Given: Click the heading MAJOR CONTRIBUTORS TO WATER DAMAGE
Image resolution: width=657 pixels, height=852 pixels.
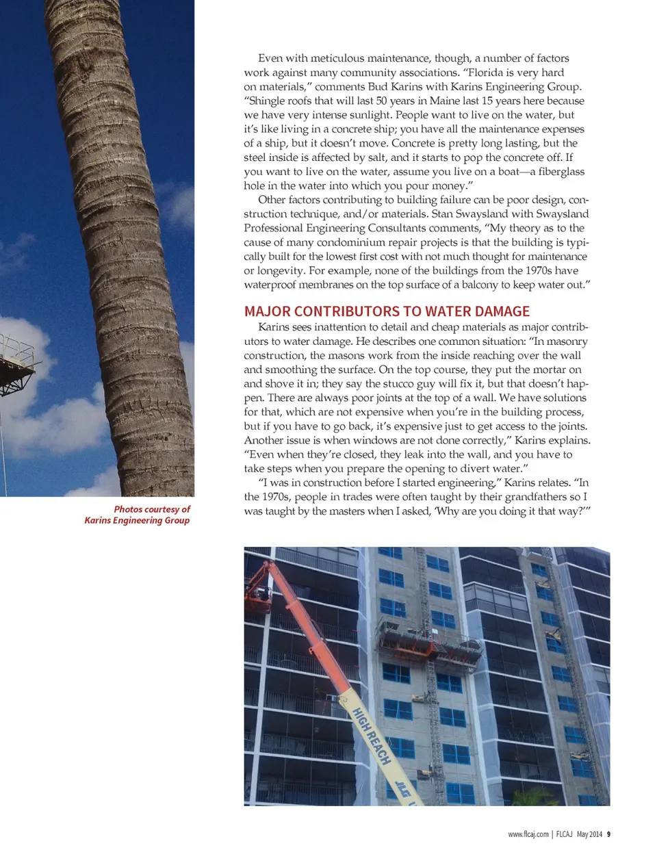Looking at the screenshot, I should coord(387,311).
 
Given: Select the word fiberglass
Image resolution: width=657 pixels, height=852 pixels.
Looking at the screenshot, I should coord(561,172).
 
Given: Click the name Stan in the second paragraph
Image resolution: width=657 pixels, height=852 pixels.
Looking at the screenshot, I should coord(442,214).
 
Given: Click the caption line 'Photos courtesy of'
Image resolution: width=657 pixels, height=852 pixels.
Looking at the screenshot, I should coord(152,509).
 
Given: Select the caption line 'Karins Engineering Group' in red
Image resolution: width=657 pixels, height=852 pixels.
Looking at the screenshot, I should coord(137,520).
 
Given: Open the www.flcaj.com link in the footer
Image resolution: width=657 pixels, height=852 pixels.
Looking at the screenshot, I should coord(528,834).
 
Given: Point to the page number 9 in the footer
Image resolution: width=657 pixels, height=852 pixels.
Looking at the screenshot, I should coord(608,834).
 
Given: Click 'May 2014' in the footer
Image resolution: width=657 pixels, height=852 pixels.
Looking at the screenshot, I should coord(589,834).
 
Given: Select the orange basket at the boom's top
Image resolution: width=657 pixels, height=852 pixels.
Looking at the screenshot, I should coord(259,580).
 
